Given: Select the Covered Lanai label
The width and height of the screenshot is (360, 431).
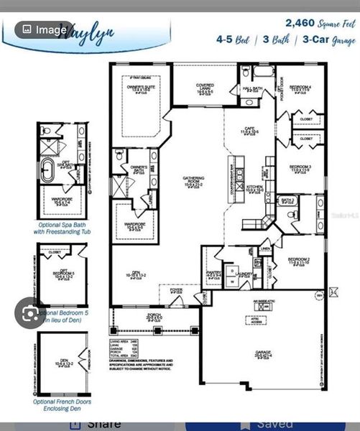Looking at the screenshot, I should point(206,88).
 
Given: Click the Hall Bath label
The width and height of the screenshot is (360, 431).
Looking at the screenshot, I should point(252,89).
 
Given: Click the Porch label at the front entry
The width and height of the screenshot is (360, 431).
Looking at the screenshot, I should point(154,316).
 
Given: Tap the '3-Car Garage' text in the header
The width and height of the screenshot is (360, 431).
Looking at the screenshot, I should point(330,41).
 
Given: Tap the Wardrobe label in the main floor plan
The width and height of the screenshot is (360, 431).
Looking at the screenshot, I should point(135,227).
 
